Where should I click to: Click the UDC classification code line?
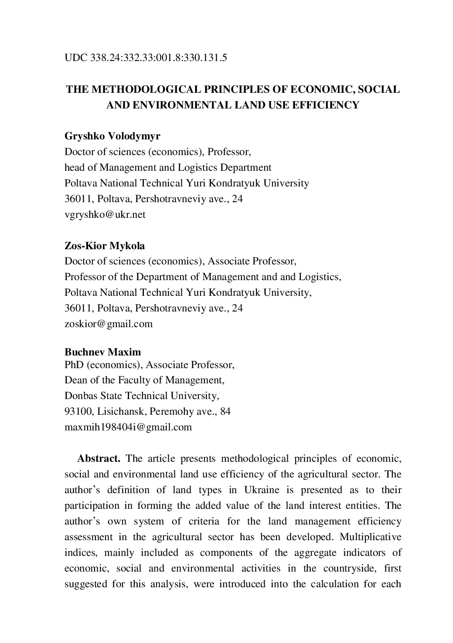pos(146,58)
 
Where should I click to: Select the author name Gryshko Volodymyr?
pos(112,136)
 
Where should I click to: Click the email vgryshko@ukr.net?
pos(105,214)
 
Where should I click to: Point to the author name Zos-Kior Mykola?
pos(105,246)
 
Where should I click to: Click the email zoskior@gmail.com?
pos(109,324)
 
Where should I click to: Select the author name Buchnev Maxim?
pos(103,352)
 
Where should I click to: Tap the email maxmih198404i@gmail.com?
pos(128,427)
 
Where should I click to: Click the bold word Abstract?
pos(99,458)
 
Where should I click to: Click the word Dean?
pos(75,380)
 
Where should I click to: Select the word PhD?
pos(74,364)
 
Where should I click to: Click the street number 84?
pos(225,411)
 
